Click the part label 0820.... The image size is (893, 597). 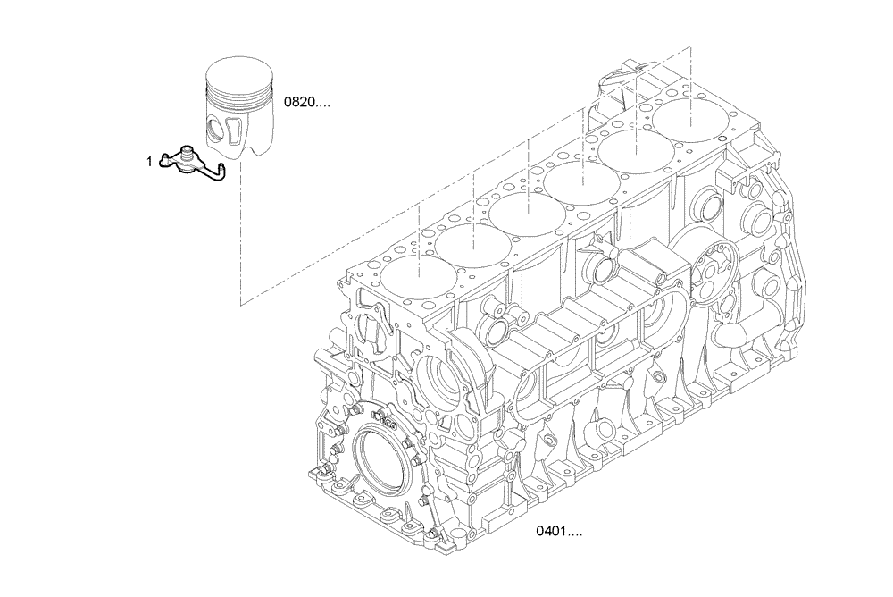[x=306, y=103]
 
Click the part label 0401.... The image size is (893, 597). [x=558, y=532]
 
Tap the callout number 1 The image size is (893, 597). [x=150, y=162]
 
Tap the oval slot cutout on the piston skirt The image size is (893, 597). [x=230, y=128]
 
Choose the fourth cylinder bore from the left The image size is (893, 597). [x=578, y=184]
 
